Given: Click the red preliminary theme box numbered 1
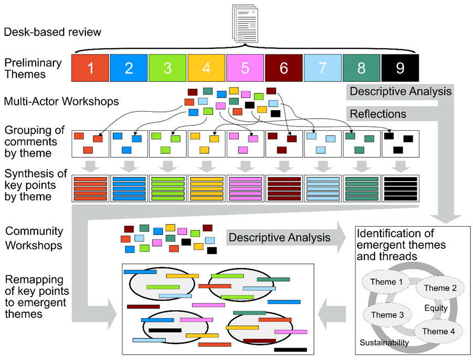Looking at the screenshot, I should point(90,68).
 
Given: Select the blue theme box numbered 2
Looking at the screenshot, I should point(129,68).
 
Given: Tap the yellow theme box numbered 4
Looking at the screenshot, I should point(207,68).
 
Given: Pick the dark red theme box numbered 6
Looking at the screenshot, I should point(284,68).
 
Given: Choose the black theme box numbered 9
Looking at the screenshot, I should point(401,68).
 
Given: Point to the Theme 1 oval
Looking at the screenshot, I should point(383,282).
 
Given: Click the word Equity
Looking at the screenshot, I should point(436,309).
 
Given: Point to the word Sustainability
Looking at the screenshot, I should point(384,343).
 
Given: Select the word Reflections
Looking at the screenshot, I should point(378,113).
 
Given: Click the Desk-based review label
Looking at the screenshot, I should point(52,32).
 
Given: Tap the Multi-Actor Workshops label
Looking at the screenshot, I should point(60,102).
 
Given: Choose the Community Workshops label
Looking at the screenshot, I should point(34,238).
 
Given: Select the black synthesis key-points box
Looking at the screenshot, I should point(401,189).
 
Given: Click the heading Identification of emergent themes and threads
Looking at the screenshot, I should point(402,244).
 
